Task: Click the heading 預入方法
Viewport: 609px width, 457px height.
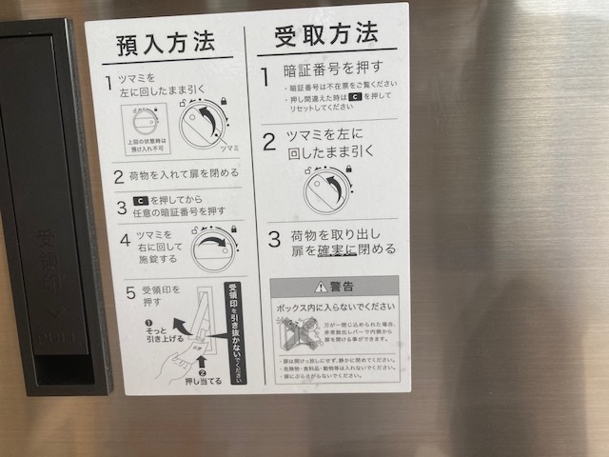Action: pos(166,43)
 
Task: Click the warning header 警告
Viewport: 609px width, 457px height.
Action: pos(334,287)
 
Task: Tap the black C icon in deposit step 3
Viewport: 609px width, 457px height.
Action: pos(141,201)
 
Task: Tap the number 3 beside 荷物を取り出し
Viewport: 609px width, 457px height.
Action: pos(273,238)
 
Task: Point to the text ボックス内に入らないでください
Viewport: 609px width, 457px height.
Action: pos(334,308)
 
